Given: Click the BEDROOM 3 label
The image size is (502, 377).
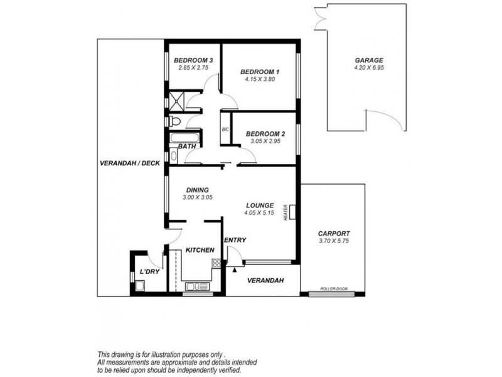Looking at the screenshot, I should (194, 60).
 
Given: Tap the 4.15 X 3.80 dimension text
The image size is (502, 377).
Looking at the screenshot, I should (260, 80).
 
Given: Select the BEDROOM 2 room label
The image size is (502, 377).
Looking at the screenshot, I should (265, 134).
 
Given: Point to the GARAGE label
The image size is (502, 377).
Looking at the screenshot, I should (368, 60).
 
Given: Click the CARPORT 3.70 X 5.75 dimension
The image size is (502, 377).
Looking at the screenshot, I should (334, 241).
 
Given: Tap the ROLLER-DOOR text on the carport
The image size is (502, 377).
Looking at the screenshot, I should (333, 289).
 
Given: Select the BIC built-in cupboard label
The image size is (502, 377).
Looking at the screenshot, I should (225, 129).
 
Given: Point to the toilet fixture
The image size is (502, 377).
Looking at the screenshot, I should (175, 121).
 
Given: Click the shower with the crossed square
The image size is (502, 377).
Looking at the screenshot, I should (175, 101).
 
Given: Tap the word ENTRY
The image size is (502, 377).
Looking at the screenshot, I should (235, 240).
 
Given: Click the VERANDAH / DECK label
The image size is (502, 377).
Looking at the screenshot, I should (130, 163).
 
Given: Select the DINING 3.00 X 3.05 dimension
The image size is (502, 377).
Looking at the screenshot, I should (197, 197).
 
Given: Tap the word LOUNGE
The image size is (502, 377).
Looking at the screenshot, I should (259, 205).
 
